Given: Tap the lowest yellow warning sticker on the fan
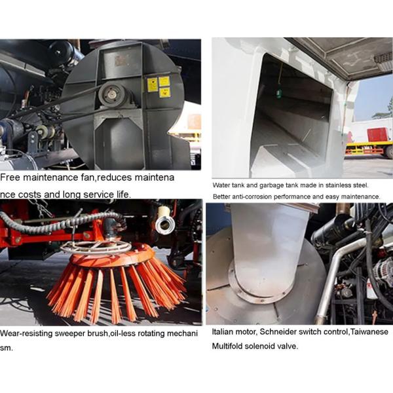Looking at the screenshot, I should (164, 92).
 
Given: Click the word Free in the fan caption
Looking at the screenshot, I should (12, 178).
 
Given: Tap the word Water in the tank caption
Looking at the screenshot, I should (222, 185).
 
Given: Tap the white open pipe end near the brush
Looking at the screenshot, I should (163, 225).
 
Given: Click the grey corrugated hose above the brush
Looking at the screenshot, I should (59, 223).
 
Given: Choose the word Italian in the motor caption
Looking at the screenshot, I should (225, 332).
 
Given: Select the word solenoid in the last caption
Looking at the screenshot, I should (261, 345).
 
